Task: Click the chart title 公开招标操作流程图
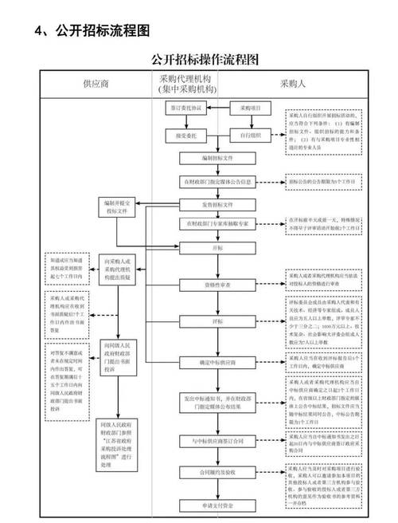[x=205, y=60]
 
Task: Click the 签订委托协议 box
[x=185, y=107]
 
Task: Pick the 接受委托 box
[x=185, y=136]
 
